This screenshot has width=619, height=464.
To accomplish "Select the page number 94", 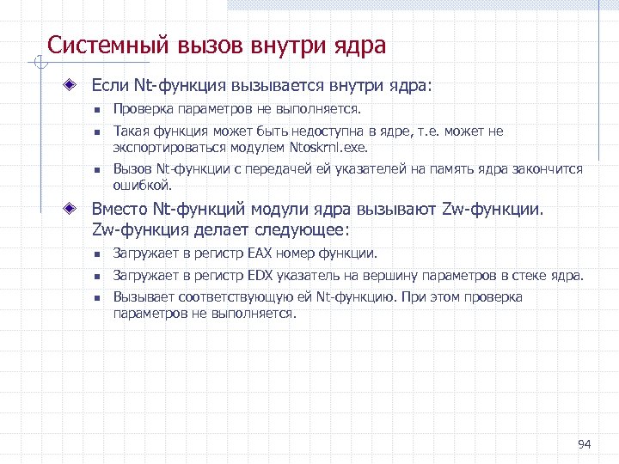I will pos(585,443).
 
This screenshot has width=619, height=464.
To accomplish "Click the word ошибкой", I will pos(143,184).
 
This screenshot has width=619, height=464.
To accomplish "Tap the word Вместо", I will pos(120,210).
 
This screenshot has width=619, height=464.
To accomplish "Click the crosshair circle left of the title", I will pos(36,62).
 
